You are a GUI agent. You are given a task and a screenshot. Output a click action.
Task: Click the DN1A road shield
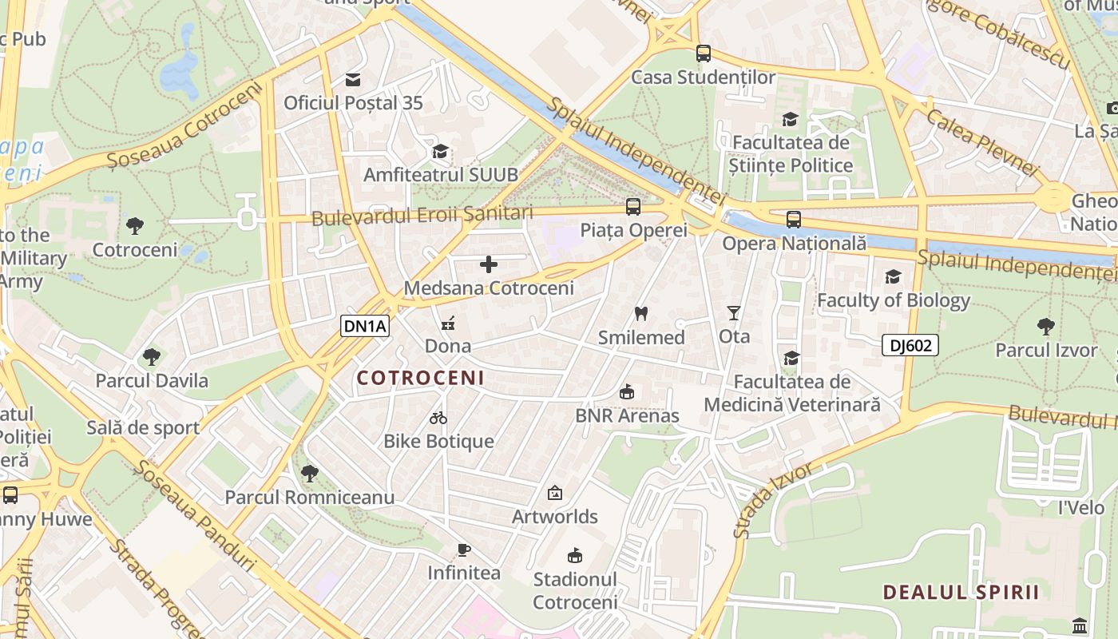coord(365,325)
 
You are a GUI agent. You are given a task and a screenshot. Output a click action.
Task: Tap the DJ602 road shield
coord(910,345)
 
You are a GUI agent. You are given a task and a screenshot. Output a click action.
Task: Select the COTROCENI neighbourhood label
coord(420,378)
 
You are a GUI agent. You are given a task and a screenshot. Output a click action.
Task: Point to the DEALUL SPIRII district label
coord(961,592)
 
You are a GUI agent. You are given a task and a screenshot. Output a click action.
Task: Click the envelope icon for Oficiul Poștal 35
coord(353,79)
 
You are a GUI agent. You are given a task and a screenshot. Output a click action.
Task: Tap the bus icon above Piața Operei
coord(633,207)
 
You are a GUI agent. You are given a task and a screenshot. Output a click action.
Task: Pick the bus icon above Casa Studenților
coord(703,54)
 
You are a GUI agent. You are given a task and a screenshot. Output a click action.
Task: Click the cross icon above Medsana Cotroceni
coord(489,264)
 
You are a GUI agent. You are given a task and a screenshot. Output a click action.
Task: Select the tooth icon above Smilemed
coord(640,313)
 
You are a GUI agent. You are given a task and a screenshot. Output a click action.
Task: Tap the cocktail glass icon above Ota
coord(734,313)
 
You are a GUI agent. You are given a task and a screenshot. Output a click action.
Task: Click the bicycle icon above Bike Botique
coord(438,417)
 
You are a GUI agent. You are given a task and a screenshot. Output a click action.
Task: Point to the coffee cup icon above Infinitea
coord(463,550)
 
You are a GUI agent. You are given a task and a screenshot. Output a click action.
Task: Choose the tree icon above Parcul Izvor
coord(1045,326)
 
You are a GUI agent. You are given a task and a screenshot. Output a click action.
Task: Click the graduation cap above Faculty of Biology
coord(893,276)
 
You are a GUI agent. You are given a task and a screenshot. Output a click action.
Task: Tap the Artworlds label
coord(555,517)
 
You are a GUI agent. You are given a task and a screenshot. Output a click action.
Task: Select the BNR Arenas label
coord(627,415)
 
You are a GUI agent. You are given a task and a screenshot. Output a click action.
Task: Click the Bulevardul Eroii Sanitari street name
coord(422,215)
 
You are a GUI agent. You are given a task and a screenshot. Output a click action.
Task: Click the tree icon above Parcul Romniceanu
coord(309,474)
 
